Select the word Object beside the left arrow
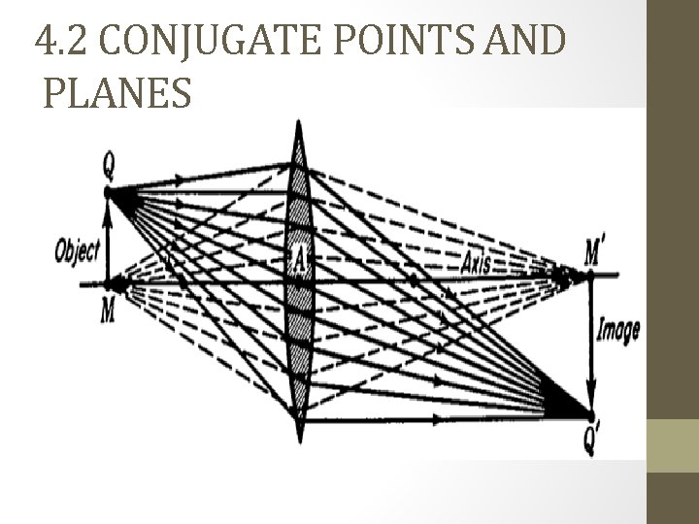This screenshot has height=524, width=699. [x=77, y=250]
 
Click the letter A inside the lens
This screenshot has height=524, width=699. [x=300, y=258]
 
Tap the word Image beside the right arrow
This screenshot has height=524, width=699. [x=618, y=331]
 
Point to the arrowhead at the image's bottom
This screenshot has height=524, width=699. [x=591, y=406]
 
